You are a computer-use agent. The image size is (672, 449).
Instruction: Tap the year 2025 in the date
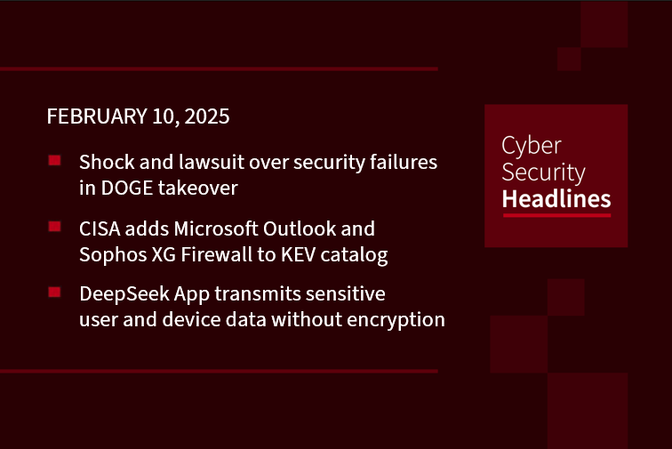pos(207,116)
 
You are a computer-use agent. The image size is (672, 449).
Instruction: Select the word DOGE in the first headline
pos(127,188)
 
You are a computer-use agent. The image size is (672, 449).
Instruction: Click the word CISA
pos(100,229)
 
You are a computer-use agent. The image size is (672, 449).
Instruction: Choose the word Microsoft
pos(216,229)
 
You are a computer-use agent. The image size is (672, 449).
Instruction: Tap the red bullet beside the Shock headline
pos(54,160)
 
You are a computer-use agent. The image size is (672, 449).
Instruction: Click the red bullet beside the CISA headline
pos(54,227)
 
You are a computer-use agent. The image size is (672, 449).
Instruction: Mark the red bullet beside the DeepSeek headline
pos(54,292)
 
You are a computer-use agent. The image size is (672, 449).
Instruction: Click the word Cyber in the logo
pos(532,147)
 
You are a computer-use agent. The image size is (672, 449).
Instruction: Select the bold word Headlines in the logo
pos(556,199)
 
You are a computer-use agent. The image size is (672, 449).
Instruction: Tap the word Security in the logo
pos(543,172)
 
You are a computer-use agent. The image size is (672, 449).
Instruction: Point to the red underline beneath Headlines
pos(556,215)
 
